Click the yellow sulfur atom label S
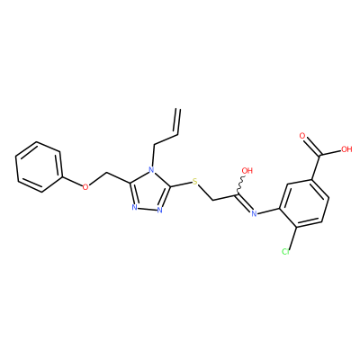[x=195, y=182]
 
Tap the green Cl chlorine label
[x=286, y=251]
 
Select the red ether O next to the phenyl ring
[x=85, y=187]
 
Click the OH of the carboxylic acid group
[x=346, y=149]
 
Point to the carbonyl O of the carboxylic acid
[x=302, y=136]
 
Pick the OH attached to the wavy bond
[x=247, y=171]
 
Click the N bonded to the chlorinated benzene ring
[x=254, y=213]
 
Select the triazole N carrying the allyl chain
[x=152, y=172]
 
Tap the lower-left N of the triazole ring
[x=134, y=208]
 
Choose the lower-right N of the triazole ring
[x=159, y=210]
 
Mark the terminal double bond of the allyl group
[x=177, y=121]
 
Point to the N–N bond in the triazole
[x=147, y=209]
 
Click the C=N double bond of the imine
[x=244, y=203]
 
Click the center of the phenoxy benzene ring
[x=40, y=166]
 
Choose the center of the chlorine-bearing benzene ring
[x=303, y=204]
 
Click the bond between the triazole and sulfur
[x=181, y=184]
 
